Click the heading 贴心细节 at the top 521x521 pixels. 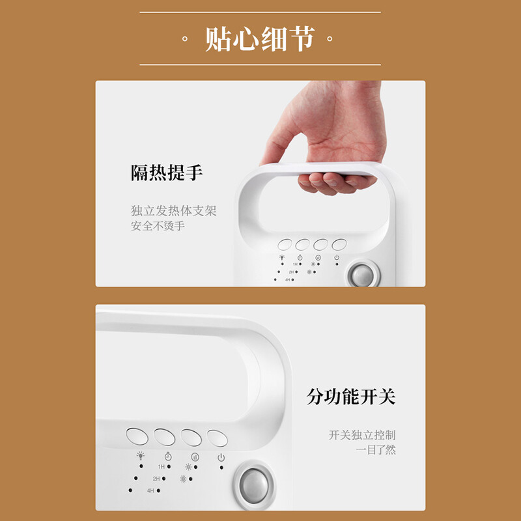260,39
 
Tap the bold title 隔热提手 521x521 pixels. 167,173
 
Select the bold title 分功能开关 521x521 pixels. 351,397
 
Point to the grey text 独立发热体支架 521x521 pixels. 173,210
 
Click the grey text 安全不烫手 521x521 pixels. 158,226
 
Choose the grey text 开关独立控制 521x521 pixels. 362,435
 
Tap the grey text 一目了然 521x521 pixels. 376,450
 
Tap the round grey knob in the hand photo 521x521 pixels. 363,275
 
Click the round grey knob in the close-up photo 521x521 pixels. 254,486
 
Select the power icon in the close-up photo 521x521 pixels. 221,458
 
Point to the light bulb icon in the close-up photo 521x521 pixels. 141,455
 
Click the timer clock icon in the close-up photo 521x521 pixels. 168,457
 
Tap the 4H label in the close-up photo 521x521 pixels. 150,490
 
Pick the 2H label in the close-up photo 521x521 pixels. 156,479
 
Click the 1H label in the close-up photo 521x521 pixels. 162,467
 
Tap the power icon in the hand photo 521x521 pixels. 337,257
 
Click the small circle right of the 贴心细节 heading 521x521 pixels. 330,39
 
